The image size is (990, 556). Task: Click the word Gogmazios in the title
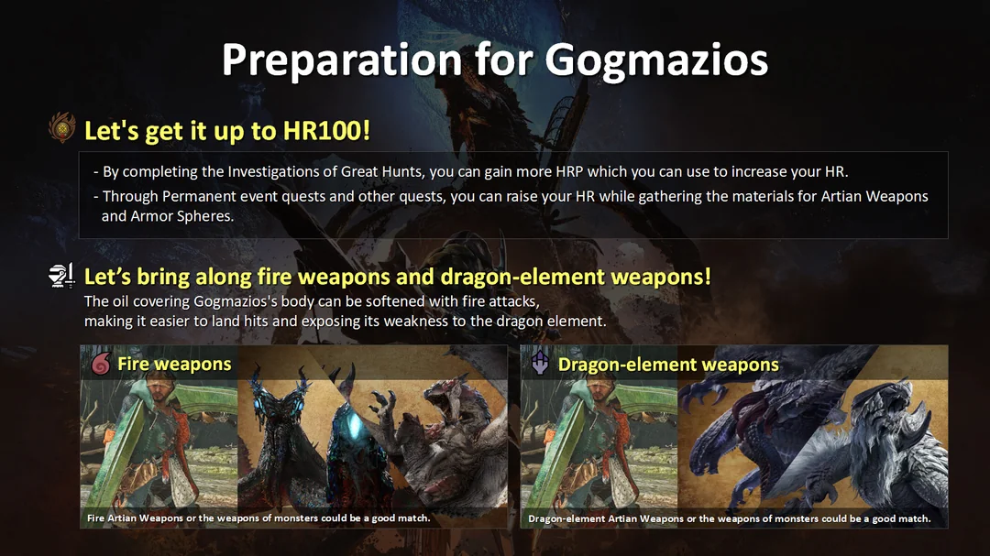[655, 60]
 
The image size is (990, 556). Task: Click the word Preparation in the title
[341, 60]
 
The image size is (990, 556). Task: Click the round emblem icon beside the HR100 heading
[61, 129]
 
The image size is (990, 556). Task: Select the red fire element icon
[100, 364]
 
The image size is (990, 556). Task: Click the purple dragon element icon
[540, 364]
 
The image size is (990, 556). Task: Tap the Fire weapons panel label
[174, 364]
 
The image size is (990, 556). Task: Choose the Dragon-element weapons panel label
[668, 364]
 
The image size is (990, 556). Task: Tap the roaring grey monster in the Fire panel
[453, 449]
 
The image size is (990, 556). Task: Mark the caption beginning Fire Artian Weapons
[258, 518]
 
